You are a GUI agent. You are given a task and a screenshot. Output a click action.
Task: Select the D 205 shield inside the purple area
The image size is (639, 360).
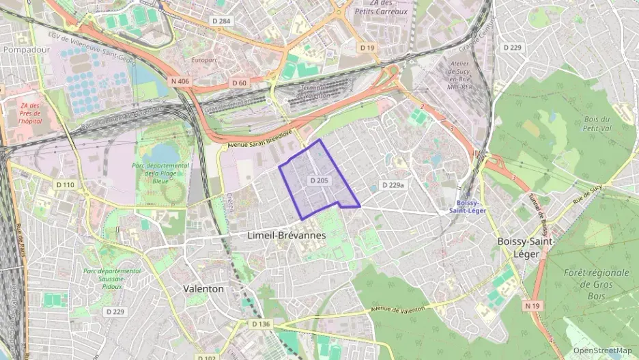point(319,181)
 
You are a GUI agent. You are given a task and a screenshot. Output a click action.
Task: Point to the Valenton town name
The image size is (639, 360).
point(203,289)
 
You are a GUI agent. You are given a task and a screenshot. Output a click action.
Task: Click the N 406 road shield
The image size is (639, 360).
point(181,81)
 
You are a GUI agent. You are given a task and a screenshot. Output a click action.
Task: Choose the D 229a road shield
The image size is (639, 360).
point(393,185)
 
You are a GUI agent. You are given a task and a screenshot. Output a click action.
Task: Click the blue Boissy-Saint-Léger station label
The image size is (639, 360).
point(468,206)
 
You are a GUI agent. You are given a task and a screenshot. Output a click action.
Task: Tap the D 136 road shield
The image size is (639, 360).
point(261,324)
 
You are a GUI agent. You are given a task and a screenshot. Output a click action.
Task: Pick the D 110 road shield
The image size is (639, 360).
point(66,185)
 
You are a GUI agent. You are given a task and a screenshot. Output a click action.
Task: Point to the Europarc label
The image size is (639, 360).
point(205,60)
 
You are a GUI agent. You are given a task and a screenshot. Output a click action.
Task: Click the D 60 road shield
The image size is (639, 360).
point(238,83)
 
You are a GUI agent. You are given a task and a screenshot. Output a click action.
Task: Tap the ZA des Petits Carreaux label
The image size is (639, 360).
point(381,8)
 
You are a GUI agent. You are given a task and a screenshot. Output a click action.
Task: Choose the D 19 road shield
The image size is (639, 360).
point(367,48)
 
